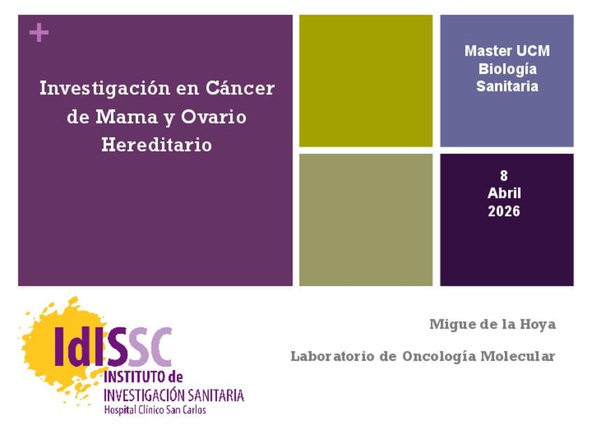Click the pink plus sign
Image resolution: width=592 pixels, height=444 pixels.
pyautogui.click(x=39, y=33)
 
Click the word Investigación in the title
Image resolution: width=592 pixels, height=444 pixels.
pyautogui.click(x=105, y=89)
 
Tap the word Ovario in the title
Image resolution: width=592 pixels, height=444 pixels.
pyautogui.click(x=214, y=117)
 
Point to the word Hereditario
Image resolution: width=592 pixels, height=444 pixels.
pyautogui.click(x=156, y=145)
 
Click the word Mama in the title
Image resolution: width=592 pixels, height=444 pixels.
pyautogui.click(x=126, y=117)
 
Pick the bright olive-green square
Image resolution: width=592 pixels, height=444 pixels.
pyautogui.click(x=366, y=81)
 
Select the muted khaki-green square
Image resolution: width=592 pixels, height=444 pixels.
pyautogui.click(x=366, y=220)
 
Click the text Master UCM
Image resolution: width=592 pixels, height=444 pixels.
pyautogui.click(x=507, y=51)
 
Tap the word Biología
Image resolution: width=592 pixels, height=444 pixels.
pyautogui.click(x=507, y=69)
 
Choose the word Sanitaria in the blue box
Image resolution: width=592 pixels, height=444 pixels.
pyautogui.click(x=507, y=86)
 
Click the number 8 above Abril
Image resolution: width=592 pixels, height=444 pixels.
pyautogui.click(x=504, y=175)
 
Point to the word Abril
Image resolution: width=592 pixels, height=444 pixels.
pyautogui.click(x=504, y=193)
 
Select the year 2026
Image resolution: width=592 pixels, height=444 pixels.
pyautogui.click(x=504, y=211)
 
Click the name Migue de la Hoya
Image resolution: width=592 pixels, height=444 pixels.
pyautogui.click(x=493, y=325)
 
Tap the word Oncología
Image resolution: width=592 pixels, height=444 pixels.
pyautogui.click(x=439, y=357)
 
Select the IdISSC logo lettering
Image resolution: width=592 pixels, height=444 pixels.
pyautogui.click(x=113, y=347)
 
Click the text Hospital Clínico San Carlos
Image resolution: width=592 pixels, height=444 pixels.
pyautogui.click(x=155, y=410)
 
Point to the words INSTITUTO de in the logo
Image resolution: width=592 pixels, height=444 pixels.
pyautogui.click(x=144, y=377)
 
